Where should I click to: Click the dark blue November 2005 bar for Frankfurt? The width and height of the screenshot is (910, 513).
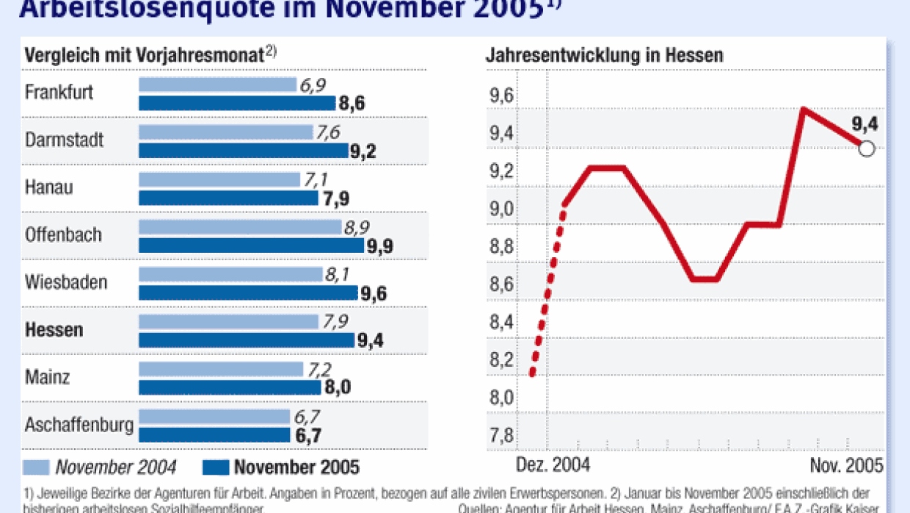[236, 104]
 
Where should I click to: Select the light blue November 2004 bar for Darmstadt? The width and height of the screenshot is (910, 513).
[225, 132]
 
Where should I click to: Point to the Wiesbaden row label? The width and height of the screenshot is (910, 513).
[66, 282]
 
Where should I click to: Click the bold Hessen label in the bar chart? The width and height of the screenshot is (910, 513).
[54, 330]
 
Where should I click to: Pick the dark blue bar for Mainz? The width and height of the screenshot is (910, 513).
[229, 387]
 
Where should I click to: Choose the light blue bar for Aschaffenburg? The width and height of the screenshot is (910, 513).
[214, 417]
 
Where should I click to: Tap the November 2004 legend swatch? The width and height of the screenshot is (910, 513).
[37, 467]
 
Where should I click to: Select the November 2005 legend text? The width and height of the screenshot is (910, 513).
[297, 467]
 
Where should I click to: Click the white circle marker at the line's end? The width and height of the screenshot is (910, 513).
[866, 148]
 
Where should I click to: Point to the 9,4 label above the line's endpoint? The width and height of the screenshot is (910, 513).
[864, 123]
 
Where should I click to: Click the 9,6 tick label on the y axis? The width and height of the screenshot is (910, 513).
[501, 96]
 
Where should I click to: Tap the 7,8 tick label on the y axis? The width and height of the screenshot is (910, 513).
[501, 435]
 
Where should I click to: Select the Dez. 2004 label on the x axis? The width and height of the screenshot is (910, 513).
[553, 466]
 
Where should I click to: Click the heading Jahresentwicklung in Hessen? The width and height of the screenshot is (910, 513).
[605, 55]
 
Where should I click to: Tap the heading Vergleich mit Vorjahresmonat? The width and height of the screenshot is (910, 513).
[145, 55]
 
